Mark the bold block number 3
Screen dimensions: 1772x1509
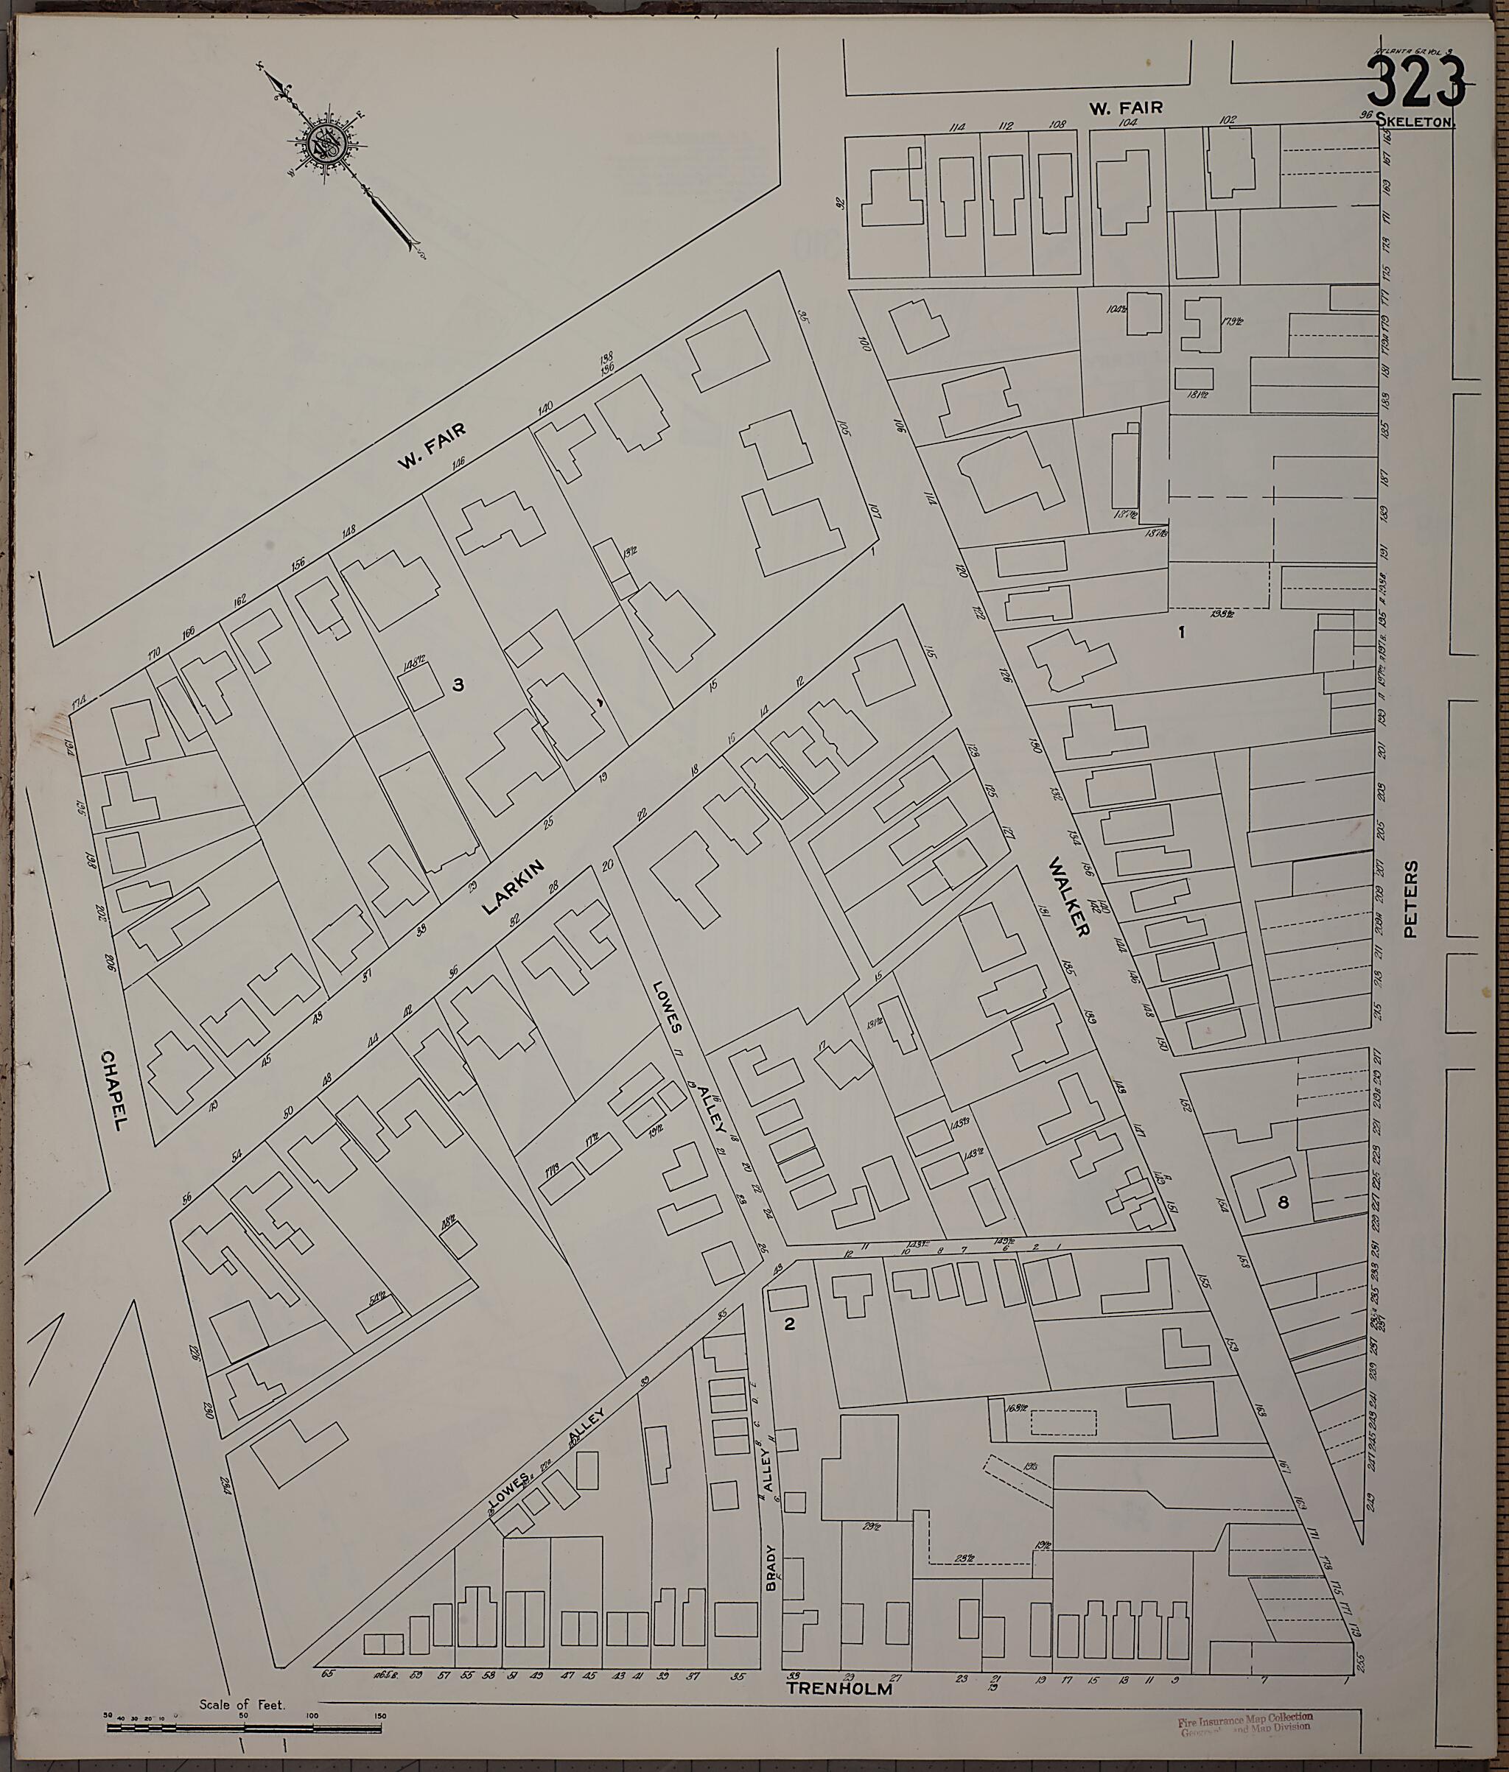pos(458,684)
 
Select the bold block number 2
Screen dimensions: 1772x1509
pos(790,1324)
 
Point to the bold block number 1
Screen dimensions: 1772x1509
pos(1181,632)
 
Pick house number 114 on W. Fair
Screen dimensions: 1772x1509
pos(956,127)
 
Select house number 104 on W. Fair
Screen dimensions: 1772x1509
pos(1127,123)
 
